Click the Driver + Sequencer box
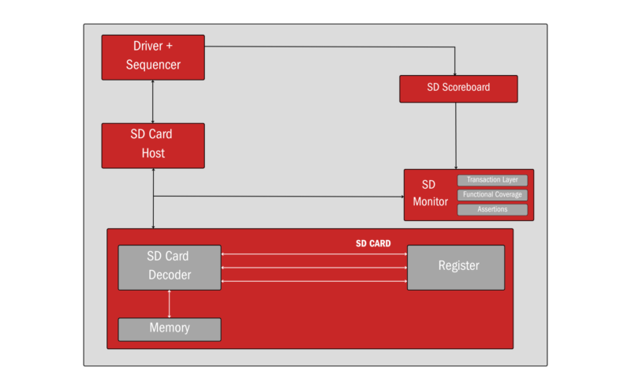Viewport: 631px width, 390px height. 153,57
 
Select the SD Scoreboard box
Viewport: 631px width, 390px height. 458,88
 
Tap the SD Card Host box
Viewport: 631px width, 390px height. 153,145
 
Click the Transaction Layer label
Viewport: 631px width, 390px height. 492,180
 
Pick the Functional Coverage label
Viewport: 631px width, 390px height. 492,194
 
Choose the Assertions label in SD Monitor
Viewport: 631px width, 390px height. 492,209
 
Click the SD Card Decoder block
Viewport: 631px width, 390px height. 169,267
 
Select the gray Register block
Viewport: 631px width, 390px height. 456,267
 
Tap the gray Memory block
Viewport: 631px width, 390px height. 169,328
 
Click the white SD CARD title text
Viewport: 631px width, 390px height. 373,244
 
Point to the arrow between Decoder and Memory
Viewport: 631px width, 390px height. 169,303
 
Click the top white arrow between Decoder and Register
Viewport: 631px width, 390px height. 313,254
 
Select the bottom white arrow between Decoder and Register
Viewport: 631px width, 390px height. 313,281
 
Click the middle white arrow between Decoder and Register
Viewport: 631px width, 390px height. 313,268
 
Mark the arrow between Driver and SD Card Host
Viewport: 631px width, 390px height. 153,101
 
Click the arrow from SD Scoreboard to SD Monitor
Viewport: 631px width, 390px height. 456,134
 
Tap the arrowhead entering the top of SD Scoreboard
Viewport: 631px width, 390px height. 456,73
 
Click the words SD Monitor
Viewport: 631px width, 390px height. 430,193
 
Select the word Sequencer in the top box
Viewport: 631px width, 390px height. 153,65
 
